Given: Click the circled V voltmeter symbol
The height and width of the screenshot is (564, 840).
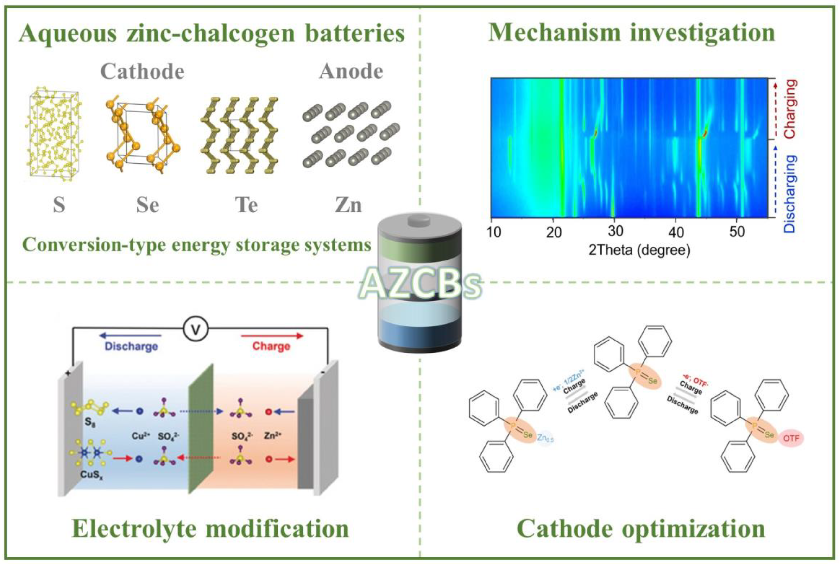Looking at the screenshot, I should pos(196,329).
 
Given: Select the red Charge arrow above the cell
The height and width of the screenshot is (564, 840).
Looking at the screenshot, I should pos(272,336).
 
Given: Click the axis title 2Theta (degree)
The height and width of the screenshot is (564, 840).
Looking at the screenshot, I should pos(639,250).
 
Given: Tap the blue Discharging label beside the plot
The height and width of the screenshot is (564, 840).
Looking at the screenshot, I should pos(790,193).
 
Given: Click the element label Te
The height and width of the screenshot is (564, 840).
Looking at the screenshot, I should pos(246,205).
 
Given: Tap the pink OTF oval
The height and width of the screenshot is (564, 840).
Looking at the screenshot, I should pos(791,438).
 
